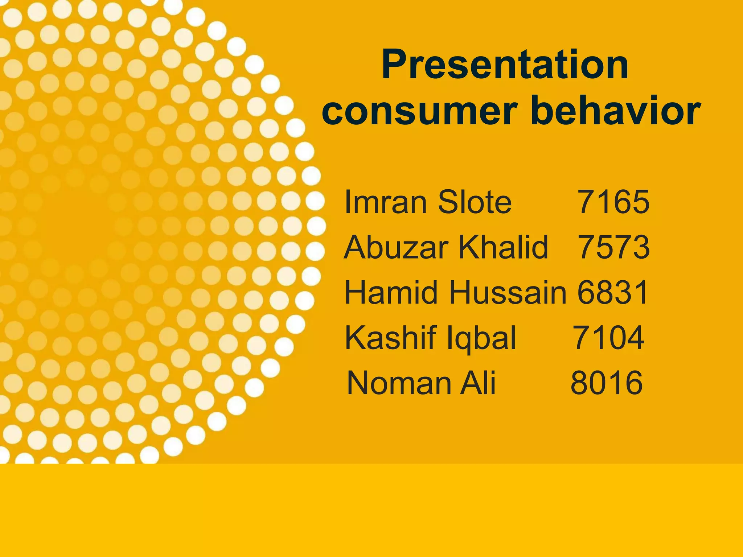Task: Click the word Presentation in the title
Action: click(x=505, y=65)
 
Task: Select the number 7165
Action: click(x=613, y=202)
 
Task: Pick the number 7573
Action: click(x=613, y=247)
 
